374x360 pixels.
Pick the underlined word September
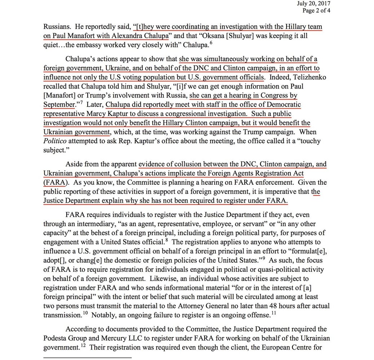pos(58,104)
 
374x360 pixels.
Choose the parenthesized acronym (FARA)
pos(54,182)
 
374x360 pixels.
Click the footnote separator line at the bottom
pos(87,357)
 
